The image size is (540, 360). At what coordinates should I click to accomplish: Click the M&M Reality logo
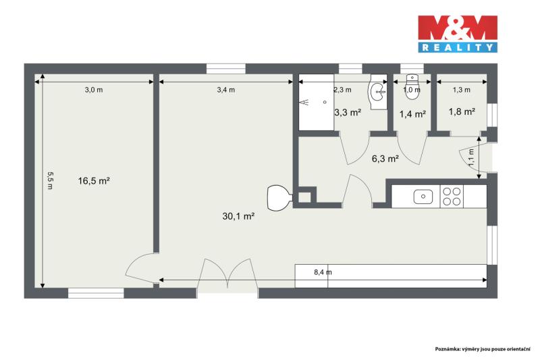click(458, 34)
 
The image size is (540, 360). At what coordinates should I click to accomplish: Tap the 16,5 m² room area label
click(94, 180)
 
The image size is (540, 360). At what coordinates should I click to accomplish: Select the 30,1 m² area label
click(238, 216)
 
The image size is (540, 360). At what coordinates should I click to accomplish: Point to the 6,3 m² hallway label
click(385, 159)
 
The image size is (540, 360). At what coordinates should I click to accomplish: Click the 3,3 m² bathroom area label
click(348, 112)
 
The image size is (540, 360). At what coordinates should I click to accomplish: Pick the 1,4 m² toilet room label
click(412, 113)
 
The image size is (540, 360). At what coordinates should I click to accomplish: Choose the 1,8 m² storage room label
click(462, 111)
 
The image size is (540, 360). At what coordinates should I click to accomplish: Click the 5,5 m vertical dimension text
click(50, 180)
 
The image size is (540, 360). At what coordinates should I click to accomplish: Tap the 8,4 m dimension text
click(323, 272)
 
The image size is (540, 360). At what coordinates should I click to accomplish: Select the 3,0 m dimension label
click(94, 90)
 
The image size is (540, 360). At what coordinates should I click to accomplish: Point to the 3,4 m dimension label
click(226, 90)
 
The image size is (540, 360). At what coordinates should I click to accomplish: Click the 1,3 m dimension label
click(462, 90)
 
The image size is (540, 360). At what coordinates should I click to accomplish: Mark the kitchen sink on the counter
click(423, 197)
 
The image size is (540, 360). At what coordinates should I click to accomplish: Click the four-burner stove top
click(452, 197)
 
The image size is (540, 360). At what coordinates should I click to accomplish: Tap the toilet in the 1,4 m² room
click(412, 87)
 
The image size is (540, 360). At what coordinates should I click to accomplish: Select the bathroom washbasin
click(378, 92)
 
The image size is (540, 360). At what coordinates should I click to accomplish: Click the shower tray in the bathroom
click(316, 102)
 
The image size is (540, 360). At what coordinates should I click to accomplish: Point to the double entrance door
click(227, 274)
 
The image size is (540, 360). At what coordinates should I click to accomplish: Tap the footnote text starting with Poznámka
click(483, 349)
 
